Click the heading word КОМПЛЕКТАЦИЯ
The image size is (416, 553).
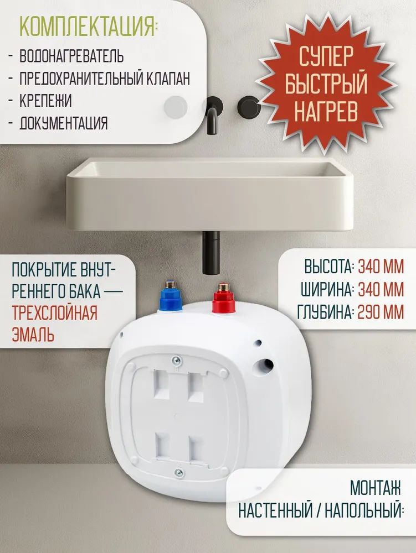(87, 26)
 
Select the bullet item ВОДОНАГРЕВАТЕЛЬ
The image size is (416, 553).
(71, 56)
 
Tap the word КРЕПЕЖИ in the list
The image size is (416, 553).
(45, 101)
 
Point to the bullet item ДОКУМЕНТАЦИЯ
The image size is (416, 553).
(64, 123)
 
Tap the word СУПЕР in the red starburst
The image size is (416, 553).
(326, 56)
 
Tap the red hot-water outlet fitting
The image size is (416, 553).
(223, 298)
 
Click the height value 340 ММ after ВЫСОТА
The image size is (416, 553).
(381, 267)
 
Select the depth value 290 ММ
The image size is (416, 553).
(381, 312)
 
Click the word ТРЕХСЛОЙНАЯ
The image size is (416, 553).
(54, 313)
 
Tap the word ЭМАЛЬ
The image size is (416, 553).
(33, 335)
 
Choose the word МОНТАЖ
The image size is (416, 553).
(375, 488)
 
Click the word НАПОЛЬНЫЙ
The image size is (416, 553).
(365, 510)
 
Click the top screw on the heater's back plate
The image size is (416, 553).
(177, 360)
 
